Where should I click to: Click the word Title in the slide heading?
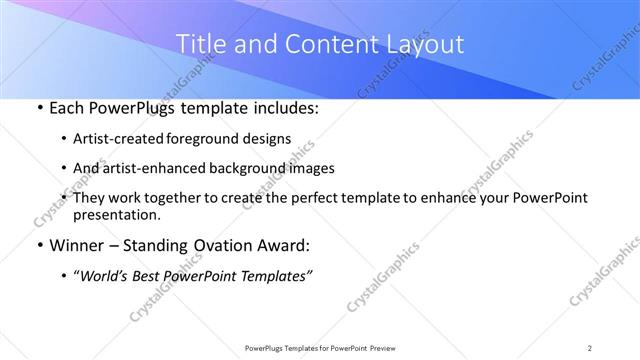[x=198, y=44]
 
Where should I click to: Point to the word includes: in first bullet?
[x=284, y=108]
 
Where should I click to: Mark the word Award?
[x=281, y=246]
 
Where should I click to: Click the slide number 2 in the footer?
[x=590, y=347]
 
